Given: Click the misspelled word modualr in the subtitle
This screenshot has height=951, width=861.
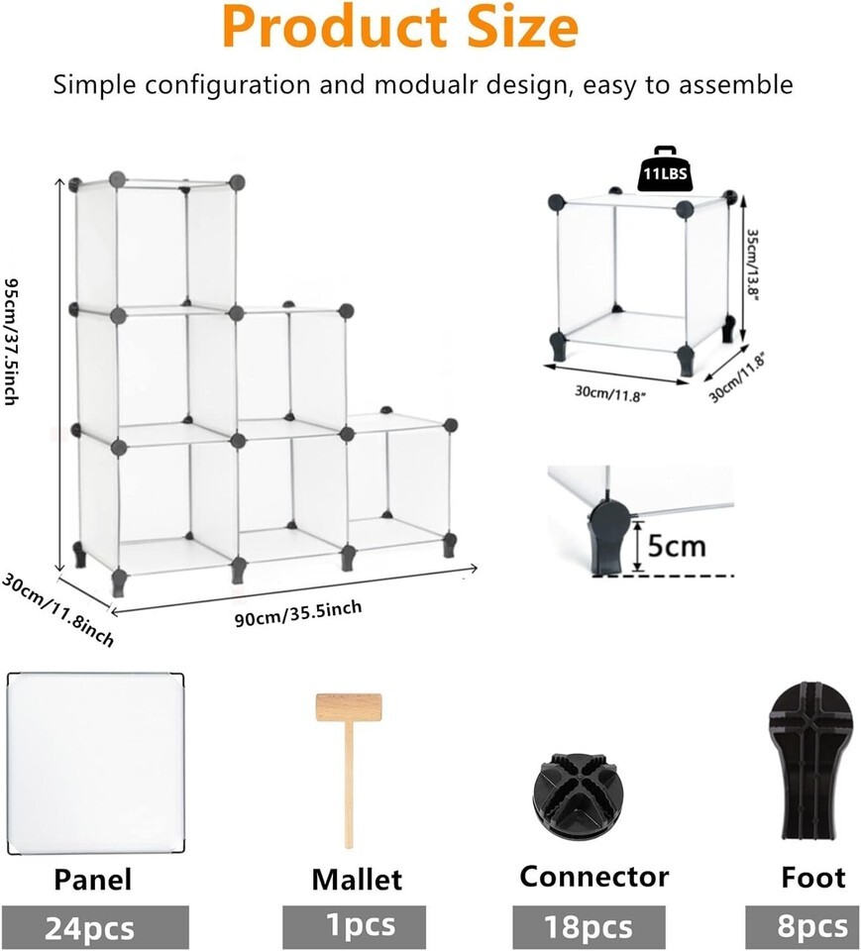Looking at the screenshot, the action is [x=422, y=84].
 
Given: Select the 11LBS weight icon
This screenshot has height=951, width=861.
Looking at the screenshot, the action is [x=666, y=168].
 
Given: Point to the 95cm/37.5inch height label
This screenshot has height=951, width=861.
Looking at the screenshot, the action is [x=12, y=341].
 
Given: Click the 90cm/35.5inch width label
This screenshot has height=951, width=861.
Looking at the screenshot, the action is [x=298, y=613].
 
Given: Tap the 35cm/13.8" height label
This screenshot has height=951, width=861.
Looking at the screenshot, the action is [x=752, y=264].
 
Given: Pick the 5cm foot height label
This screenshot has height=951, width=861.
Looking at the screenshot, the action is [x=677, y=546].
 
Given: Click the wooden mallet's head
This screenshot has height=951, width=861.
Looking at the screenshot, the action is [x=349, y=707].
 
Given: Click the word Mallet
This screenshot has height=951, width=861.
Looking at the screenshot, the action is [x=357, y=880].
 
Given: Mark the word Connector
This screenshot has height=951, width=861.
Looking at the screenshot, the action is [x=594, y=877].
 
